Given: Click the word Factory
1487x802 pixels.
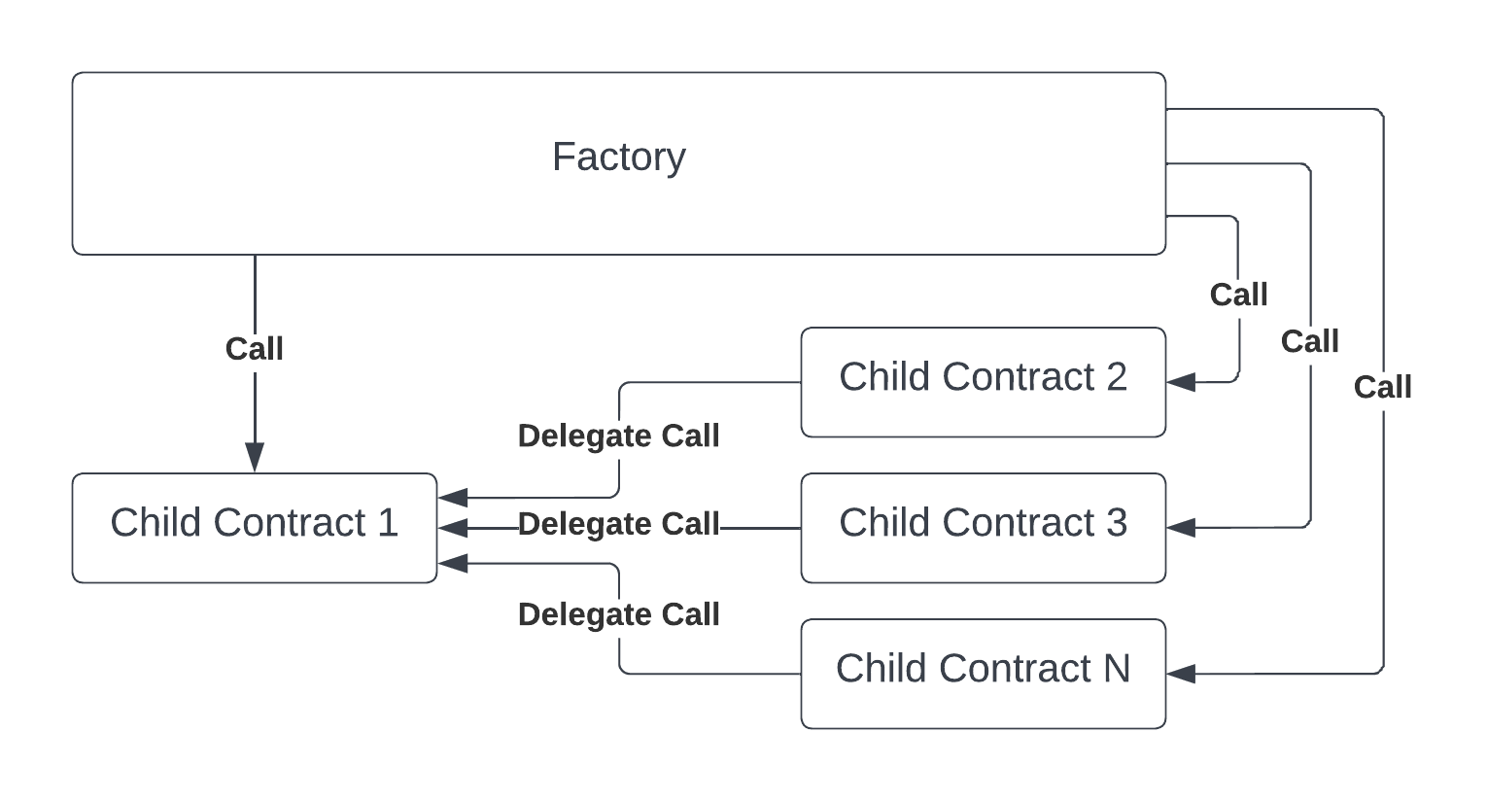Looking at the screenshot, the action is [619, 157].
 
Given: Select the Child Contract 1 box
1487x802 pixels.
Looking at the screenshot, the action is [255, 528].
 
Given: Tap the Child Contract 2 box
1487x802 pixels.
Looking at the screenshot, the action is [984, 382].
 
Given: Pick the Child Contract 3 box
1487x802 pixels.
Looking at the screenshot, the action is [984, 528].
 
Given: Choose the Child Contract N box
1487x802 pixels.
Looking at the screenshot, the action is [984, 674].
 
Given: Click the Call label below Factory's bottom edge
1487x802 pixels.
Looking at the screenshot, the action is [255, 349].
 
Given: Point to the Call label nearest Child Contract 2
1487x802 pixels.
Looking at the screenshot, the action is [1239, 295].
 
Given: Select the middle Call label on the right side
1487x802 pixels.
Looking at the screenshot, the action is [1310, 342].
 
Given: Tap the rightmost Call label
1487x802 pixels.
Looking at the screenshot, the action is [1383, 387].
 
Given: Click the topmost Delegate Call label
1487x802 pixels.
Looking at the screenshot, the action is [619, 436].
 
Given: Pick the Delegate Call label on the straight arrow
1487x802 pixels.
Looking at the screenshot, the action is [619, 524].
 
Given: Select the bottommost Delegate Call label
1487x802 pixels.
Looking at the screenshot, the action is [619, 614].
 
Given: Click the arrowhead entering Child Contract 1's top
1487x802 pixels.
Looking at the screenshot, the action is [255, 458].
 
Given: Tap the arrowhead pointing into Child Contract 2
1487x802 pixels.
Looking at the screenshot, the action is [1181, 382].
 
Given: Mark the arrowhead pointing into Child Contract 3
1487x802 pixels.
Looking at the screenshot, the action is [1181, 528].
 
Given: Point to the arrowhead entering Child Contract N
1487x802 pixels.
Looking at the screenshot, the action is [1181, 674].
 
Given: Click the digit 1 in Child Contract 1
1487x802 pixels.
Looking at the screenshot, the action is [388, 522].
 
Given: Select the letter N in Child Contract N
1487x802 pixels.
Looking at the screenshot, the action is [1117, 668].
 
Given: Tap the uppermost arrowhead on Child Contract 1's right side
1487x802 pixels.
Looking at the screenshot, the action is [453, 498].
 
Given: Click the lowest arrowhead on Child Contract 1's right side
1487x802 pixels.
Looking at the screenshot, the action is [453, 564].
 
